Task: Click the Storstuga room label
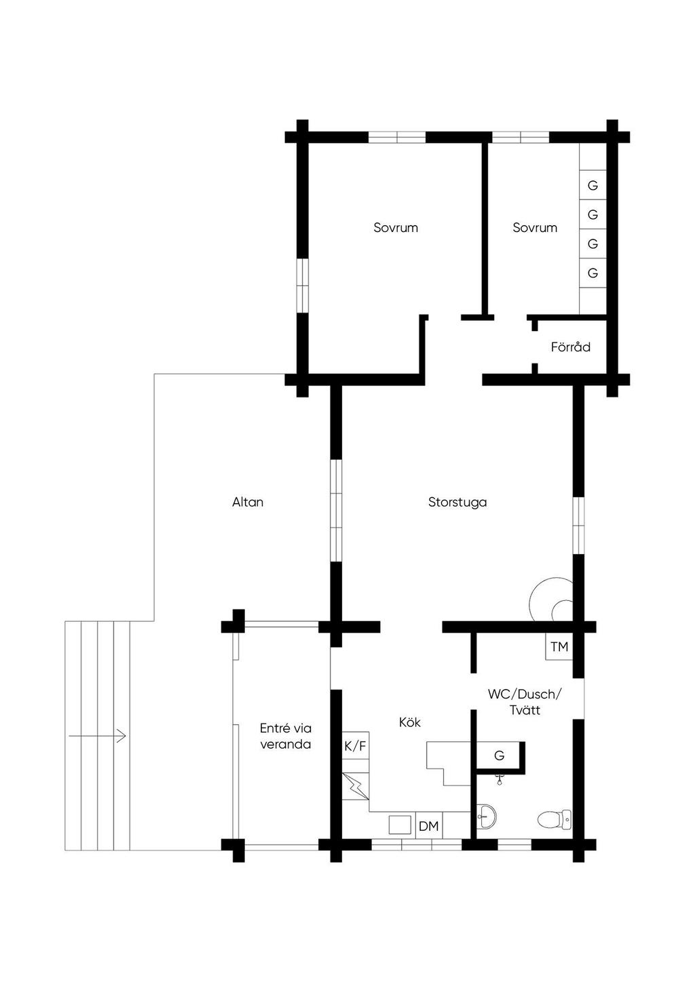tap(457, 503)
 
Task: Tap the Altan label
tap(248, 502)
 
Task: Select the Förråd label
tap(570, 347)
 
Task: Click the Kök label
tap(410, 722)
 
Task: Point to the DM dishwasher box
tap(429, 827)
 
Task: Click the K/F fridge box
tap(355, 745)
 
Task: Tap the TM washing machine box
tap(559, 646)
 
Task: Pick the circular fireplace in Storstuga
tap(552, 600)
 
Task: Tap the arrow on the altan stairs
tap(98, 736)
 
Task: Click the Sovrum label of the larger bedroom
tap(395, 227)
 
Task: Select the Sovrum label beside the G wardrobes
tap(535, 227)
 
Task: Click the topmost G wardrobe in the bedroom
tap(593, 185)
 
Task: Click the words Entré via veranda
tap(286, 736)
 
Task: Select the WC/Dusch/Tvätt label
tap(525, 702)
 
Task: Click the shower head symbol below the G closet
tap(499, 780)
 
